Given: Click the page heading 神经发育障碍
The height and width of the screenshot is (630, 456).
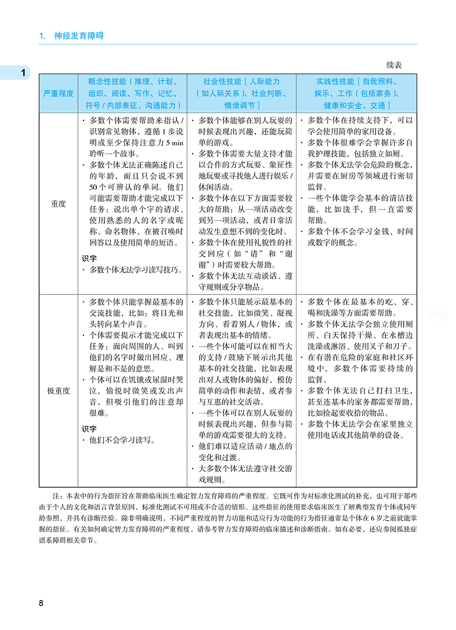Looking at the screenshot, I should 79,36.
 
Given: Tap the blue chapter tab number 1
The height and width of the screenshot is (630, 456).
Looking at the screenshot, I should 23,73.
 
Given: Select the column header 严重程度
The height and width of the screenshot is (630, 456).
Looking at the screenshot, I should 58,94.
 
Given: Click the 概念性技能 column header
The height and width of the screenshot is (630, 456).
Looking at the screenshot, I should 132,94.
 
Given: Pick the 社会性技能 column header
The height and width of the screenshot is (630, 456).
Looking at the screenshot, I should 241,94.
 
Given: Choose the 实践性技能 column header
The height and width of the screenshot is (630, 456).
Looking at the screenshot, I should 356,94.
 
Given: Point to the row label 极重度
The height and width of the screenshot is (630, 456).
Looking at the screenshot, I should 58,391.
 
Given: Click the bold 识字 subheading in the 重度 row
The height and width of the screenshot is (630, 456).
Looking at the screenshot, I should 89,258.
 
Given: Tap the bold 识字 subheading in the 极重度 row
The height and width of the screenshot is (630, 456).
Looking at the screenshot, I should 89,429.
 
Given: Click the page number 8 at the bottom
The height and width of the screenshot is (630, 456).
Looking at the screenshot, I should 41,603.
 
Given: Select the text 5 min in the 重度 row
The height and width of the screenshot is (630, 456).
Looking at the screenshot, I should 174,143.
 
